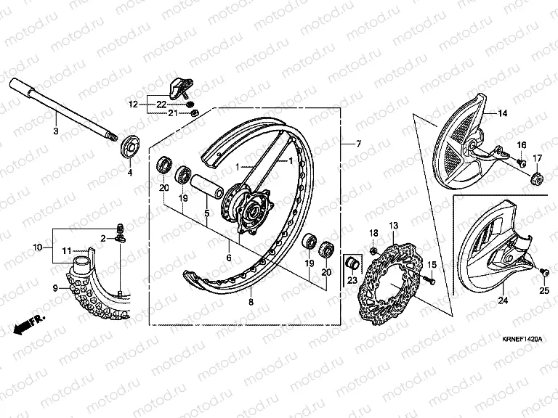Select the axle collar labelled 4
pyautogui.click(x=129, y=148)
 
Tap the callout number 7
pyautogui.click(x=359, y=144)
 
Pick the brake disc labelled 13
pyautogui.click(x=390, y=284)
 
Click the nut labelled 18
pyautogui.click(x=373, y=251)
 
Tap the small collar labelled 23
pyautogui.click(x=352, y=263)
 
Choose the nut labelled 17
pyautogui.click(x=537, y=179)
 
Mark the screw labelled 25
pyautogui.click(x=544, y=273)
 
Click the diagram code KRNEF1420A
pyautogui.click(x=522, y=339)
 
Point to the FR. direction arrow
pyautogui.click(x=28, y=324)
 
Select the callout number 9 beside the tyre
pyautogui.click(x=55, y=287)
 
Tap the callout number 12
pyautogui.click(x=133, y=104)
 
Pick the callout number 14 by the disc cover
pyautogui.click(x=502, y=113)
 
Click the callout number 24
pyautogui.click(x=503, y=300)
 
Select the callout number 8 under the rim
pyautogui.click(x=251, y=302)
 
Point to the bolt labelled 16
pyautogui.click(x=522, y=163)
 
